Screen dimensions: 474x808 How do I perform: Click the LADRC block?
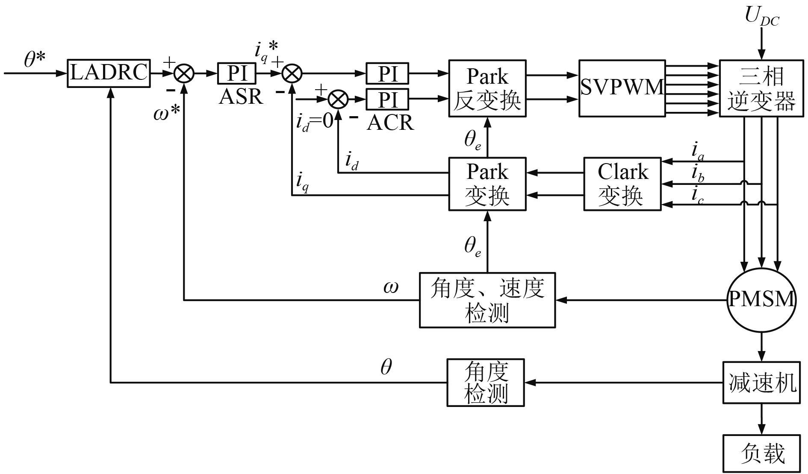109,73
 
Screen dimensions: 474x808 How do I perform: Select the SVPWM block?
622,88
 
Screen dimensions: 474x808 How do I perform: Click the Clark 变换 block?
622,184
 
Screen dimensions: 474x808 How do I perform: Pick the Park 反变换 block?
487,88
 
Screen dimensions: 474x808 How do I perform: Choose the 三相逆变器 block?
761,88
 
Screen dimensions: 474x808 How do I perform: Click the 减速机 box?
761,382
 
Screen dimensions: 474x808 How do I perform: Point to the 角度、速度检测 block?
487,300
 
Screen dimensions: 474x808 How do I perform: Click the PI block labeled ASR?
237,73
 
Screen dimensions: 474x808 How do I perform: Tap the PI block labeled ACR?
387,99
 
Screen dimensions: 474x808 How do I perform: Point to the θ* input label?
34,60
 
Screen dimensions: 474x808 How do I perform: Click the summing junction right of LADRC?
184,73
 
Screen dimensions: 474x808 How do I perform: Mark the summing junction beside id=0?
338,99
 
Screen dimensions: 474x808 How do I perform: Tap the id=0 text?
314,122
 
